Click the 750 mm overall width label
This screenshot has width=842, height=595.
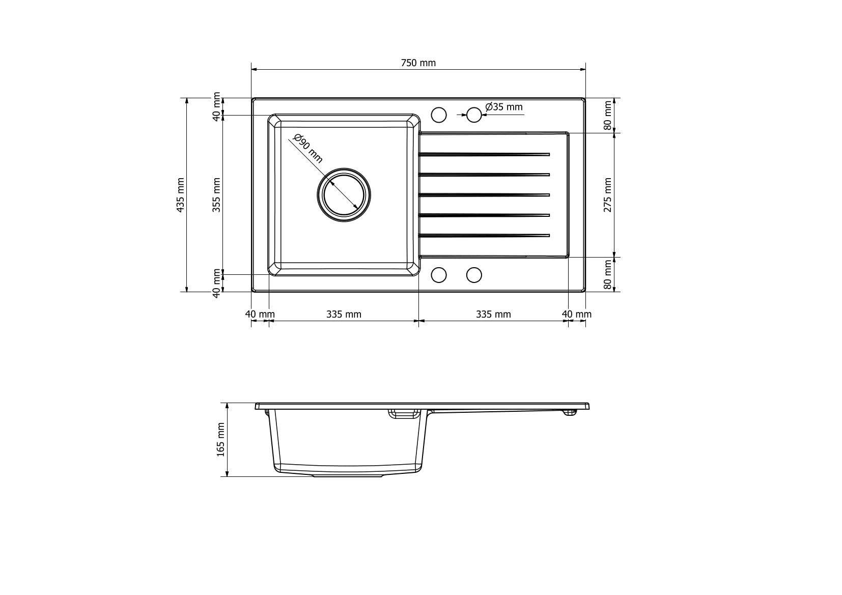pos(418,63)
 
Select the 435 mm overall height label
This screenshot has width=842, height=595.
pos(180,195)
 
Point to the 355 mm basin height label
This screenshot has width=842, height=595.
pos(216,195)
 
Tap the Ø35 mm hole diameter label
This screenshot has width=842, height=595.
pos(504,107)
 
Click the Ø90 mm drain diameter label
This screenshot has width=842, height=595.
pos(308,148)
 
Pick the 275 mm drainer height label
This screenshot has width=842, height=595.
pos(607,195)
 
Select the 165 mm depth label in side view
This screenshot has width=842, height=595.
pos(221,440)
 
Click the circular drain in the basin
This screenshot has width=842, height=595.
pos(344,194)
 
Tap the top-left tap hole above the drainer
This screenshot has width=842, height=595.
pos(439,115)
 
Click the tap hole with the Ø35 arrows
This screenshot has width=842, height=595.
pos(474,115)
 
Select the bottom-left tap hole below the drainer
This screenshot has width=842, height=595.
pos(439,275)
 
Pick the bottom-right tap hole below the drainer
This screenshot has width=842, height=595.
pos(474,275)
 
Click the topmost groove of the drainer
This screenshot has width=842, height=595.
pos(484,154)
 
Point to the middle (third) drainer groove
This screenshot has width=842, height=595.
pos(484,194)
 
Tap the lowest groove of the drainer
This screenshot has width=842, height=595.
pos(484,235)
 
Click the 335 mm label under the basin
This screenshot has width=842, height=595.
pos(344,314)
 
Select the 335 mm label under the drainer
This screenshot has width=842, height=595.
pos(493,314)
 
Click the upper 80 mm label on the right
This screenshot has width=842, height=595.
pos(607,116)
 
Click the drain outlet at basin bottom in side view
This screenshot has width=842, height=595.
pos(347,475)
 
